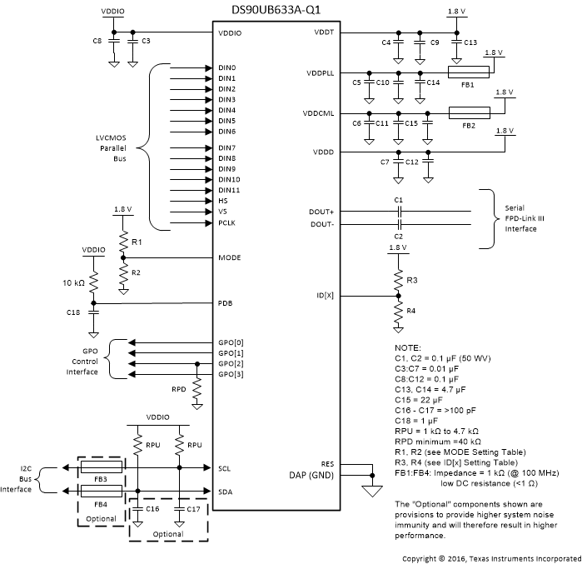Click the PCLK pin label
[227, 222]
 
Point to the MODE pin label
[229, 257]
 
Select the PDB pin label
[225, 302]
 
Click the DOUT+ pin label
[321, 212]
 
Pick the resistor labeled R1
[122, 241]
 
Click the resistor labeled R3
[398, 277]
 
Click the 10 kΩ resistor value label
[73, 283]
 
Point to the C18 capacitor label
[73, 312]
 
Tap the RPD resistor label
[178, 388]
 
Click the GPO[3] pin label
[231, 375]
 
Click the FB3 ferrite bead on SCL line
[100, 469]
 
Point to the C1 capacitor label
[398, 200]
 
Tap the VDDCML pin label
[319, 113]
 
